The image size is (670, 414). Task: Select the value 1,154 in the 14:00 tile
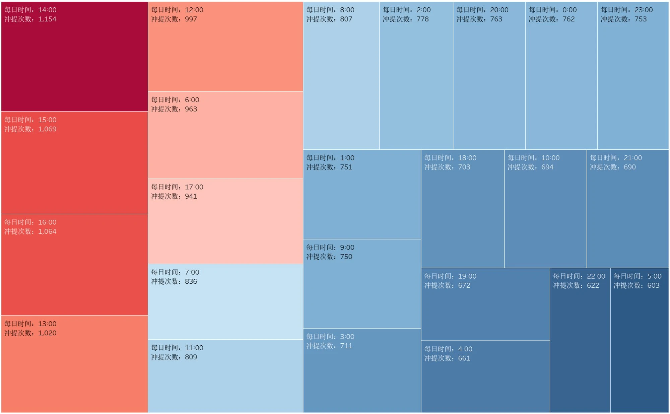[x=47, y=19]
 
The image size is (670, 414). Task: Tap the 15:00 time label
[x=47, y=120]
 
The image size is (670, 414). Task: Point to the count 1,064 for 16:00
[x=47, y=231]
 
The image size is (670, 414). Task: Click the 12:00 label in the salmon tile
[x=194, y=10]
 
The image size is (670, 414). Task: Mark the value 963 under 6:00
[x=191, y=109]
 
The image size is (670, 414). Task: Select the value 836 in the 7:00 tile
[x=191, y=282]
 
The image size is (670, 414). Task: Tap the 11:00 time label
[x=194, y=348]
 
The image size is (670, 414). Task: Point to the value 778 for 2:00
[x=422, y=19]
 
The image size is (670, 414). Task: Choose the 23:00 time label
[x=644, y=10]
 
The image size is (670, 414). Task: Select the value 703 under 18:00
[x=464, y=167]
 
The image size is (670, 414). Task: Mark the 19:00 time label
[x=467, y=276]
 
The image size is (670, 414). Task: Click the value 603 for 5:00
[x=653, y=286]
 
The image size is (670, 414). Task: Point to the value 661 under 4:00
[x=464, y=358]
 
